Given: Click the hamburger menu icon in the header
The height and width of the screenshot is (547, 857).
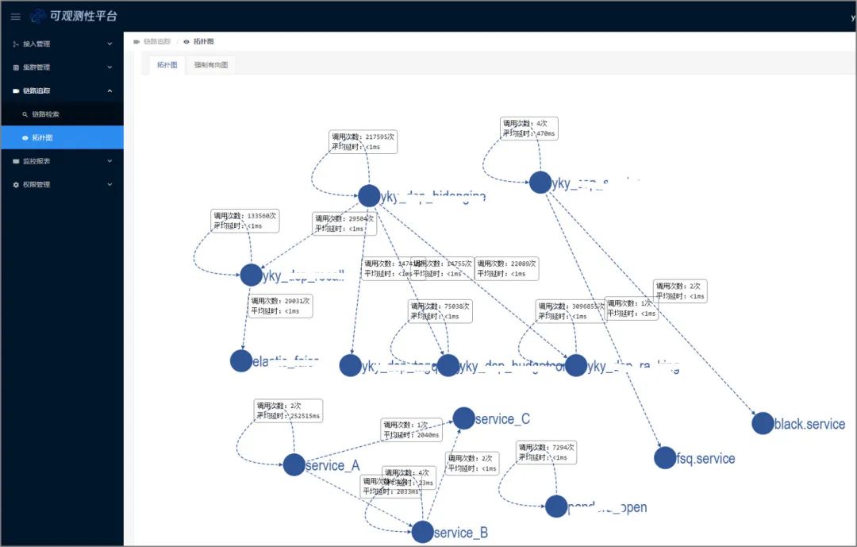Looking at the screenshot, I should [15, 16].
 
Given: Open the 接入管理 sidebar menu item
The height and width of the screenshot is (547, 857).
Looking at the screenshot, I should [37, 44].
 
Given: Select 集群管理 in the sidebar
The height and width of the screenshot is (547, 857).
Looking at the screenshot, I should [37, 67].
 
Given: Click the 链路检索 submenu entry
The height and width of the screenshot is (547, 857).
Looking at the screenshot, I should [45, 114].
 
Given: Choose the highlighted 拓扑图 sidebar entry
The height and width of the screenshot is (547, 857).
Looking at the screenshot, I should [43, 137].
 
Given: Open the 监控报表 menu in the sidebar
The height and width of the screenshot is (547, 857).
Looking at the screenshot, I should [37, 161].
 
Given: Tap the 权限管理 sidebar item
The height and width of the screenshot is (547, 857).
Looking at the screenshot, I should [37, 185].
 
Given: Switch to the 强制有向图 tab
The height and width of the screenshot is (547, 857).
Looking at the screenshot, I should [211, 65].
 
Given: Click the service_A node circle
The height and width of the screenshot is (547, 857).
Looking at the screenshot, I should [294, 465].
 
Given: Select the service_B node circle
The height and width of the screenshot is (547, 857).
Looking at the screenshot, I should [423, 532].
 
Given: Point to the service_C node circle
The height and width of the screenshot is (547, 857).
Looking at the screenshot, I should [464, 418].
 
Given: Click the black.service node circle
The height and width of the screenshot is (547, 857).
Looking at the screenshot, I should [763, 423].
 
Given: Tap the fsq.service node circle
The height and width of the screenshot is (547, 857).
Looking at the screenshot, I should [665, 457].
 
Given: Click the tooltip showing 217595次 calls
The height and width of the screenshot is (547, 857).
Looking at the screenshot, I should [363, 141].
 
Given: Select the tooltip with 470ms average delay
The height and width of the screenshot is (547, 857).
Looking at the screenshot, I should [529, 129].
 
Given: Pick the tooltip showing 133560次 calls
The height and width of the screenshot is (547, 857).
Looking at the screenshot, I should [245, 220].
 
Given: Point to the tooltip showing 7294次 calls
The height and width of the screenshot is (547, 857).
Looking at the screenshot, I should [546, 452].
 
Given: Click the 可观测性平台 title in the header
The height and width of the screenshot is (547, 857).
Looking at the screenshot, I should [83, 16].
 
